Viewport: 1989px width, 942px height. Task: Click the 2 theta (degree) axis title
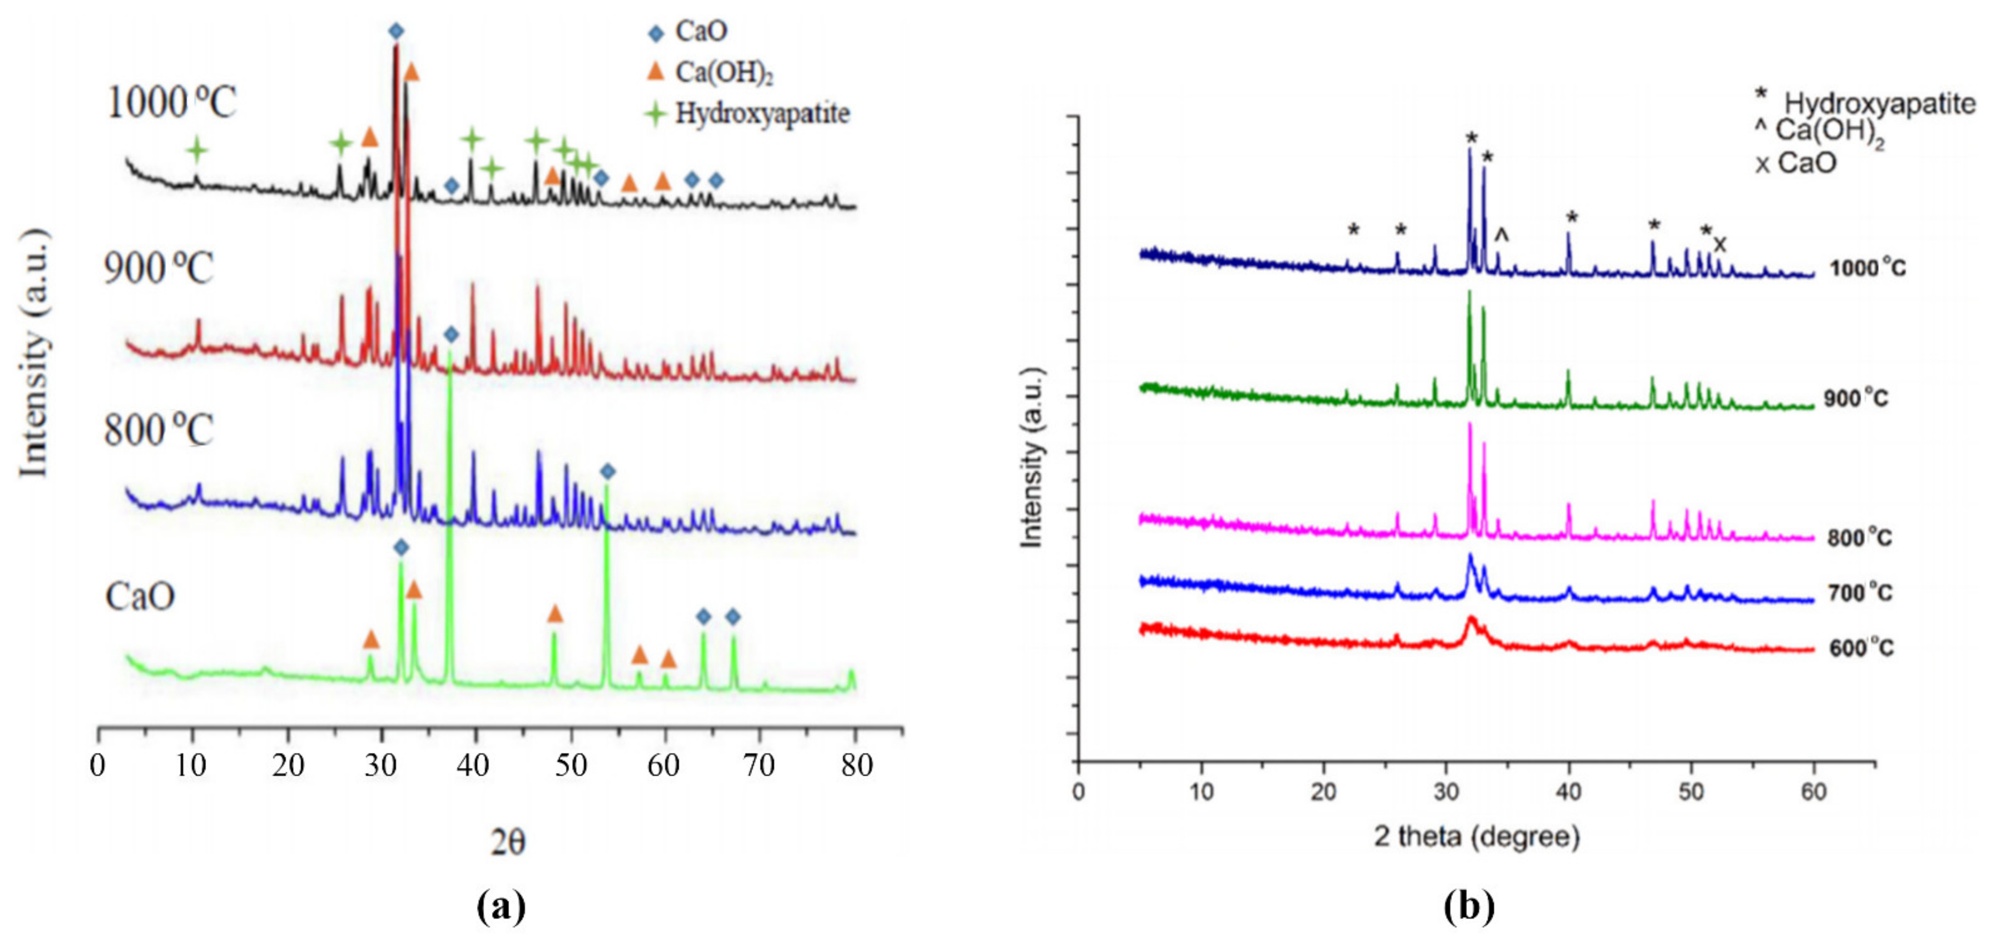[x=1476, y=836]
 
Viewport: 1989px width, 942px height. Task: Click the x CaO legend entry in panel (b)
[x=1796, y=163]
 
